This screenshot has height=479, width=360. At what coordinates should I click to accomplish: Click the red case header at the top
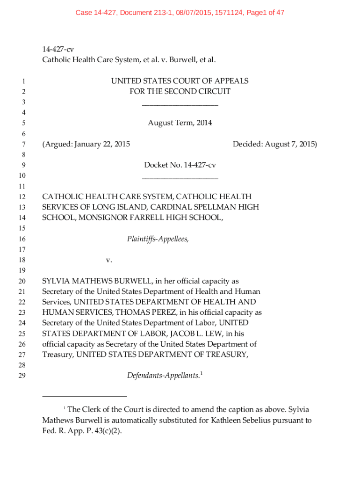180,13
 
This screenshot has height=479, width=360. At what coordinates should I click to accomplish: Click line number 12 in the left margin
22,197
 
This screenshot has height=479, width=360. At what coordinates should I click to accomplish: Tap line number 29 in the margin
22,376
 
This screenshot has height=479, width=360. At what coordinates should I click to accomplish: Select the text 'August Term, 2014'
180,123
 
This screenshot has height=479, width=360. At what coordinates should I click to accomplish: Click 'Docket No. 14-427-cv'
180,165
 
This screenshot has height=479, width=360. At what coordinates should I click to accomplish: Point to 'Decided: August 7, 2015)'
275,144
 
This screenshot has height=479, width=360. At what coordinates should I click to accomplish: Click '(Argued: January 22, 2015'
86,144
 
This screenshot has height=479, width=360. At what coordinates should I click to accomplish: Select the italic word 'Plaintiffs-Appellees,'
158,239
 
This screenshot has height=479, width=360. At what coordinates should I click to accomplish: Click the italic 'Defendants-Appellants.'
163,376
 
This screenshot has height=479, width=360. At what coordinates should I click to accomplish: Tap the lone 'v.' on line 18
109,260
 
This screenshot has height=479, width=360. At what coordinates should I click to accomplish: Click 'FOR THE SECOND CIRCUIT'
180,92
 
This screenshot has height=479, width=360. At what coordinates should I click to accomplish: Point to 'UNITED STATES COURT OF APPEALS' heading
180,81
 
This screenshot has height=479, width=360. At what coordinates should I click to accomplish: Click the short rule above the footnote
85,397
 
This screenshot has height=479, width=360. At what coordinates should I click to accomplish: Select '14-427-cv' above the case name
58,49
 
